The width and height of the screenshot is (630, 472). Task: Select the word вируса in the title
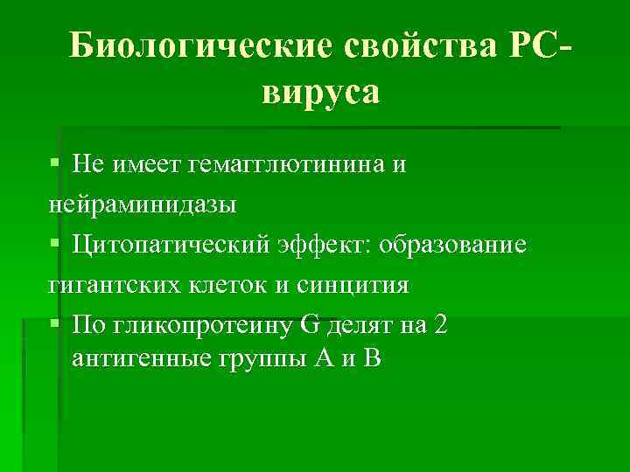(320, 91)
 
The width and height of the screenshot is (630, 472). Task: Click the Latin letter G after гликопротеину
(310, 326)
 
